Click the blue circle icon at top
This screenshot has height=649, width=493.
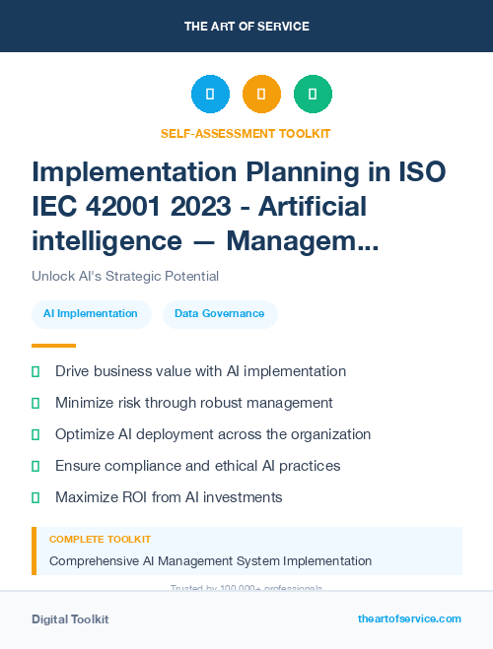pyautogui.click(x=210, y=95)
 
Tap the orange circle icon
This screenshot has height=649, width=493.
pyautogui.click(x=261, y=95)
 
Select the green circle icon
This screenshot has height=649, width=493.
pyautogui.click(x=313, y=95)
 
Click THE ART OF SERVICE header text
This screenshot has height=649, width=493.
pyautogui.click(x=246, y=27)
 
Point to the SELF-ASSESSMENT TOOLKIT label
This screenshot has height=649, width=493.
pyautogui.click(x=246, y=133)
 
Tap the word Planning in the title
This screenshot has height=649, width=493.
pyautogui.click(x=300, y=172)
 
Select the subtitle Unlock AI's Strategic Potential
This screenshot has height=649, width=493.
pyautogui.click(x=125, y=276)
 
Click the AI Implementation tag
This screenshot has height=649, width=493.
pyautogui.click(x=91, y=313)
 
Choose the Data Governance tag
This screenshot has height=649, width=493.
pyautogui.click(x=220, y=313)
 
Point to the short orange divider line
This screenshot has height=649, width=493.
pyautogui.click(x=53, y=346)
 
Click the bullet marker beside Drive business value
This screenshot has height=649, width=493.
pyautogui.click(x=35, y=371)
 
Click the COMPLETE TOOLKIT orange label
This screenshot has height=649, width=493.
pyautogui.click(x=100, y=540)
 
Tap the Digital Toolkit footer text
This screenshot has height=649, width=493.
pyautogui.click(x=70, y=619)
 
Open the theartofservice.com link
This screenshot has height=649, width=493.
pyautogui.click(x=409, y=618)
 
